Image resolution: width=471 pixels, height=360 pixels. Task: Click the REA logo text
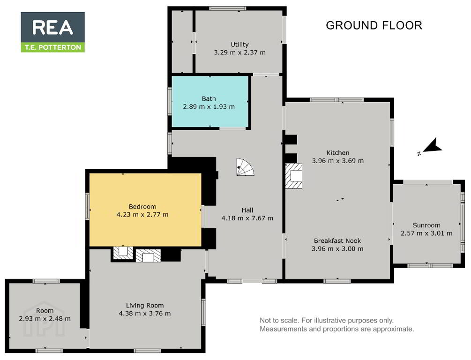[x=52, y=27]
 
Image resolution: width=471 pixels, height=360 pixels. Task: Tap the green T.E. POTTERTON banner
[x=52, y=47]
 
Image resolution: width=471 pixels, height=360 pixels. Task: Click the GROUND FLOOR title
[x=374, y=25]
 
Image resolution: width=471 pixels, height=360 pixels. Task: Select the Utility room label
[x=239, y=45]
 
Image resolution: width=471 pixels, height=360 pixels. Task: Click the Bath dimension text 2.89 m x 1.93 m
[x=209, y=107]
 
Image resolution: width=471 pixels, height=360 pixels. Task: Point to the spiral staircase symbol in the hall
[x=245, y=167]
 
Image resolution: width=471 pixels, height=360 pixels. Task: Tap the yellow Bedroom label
[x=142, y=206]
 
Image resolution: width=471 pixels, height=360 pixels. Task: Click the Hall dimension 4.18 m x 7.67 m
[x=247, y=218]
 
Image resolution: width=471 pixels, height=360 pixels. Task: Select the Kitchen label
[x=337, y=153]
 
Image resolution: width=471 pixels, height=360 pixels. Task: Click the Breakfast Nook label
[x=337, y=240]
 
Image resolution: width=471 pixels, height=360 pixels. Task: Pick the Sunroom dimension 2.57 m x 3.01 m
[x=426, y=233]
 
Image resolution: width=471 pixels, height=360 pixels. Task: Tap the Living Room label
[x=145, y=306]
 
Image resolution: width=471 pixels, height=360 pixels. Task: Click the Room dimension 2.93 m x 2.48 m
[x=45, y=319]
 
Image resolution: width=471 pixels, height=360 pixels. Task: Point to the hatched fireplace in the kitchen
[x=293, y=176]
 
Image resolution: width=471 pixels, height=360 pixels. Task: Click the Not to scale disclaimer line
[x=327, y=321]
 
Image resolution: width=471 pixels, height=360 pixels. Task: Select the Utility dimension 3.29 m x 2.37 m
[x=239, y=52]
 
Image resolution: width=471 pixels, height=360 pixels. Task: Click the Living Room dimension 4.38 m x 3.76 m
[x=145, y=314]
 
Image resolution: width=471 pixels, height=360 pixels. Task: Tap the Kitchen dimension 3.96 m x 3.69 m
[x=337, y=161]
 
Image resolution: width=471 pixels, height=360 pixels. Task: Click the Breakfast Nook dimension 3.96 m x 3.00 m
[x=337, y=249]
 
